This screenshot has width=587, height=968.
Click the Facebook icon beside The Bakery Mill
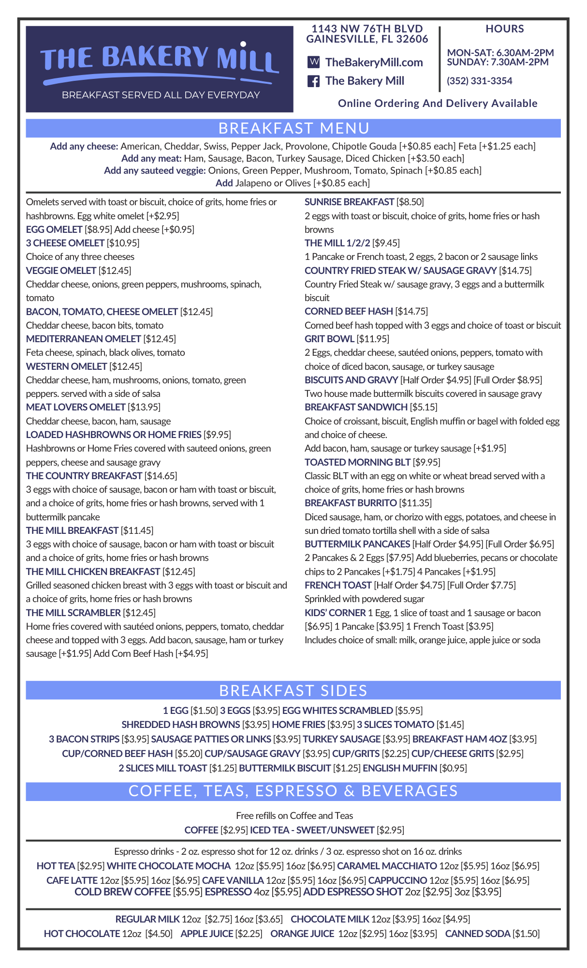(x=313, y=81)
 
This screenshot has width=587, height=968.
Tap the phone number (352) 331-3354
(x=479, y=81)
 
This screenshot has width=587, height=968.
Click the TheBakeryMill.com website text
(x=374, y=62)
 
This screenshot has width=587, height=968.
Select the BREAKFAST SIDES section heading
(x=293, y=690)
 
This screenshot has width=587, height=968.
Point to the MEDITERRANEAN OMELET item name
(x=83, y=339)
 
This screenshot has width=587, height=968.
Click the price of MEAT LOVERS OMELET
(x=144, y=407)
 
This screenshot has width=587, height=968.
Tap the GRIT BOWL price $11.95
(x=373, y=339)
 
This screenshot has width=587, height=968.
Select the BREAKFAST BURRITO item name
(x=351, y=503)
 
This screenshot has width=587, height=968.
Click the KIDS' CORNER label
(x=335, y=613)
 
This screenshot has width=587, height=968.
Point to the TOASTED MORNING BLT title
(x=357, y=462)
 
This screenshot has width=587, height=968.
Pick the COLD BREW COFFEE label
(x=122, y=892)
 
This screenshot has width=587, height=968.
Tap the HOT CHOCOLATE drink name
(x=82, y=934)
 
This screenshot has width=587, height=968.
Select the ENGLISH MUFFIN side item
(x=400, y=768)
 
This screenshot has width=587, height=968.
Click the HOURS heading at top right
(x=504, y=29)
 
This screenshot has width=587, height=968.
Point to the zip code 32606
(x=412, y=39)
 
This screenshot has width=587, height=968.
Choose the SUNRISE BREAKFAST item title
(x=349, y=202)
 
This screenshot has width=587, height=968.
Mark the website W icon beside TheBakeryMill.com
(x=313, y=62)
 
